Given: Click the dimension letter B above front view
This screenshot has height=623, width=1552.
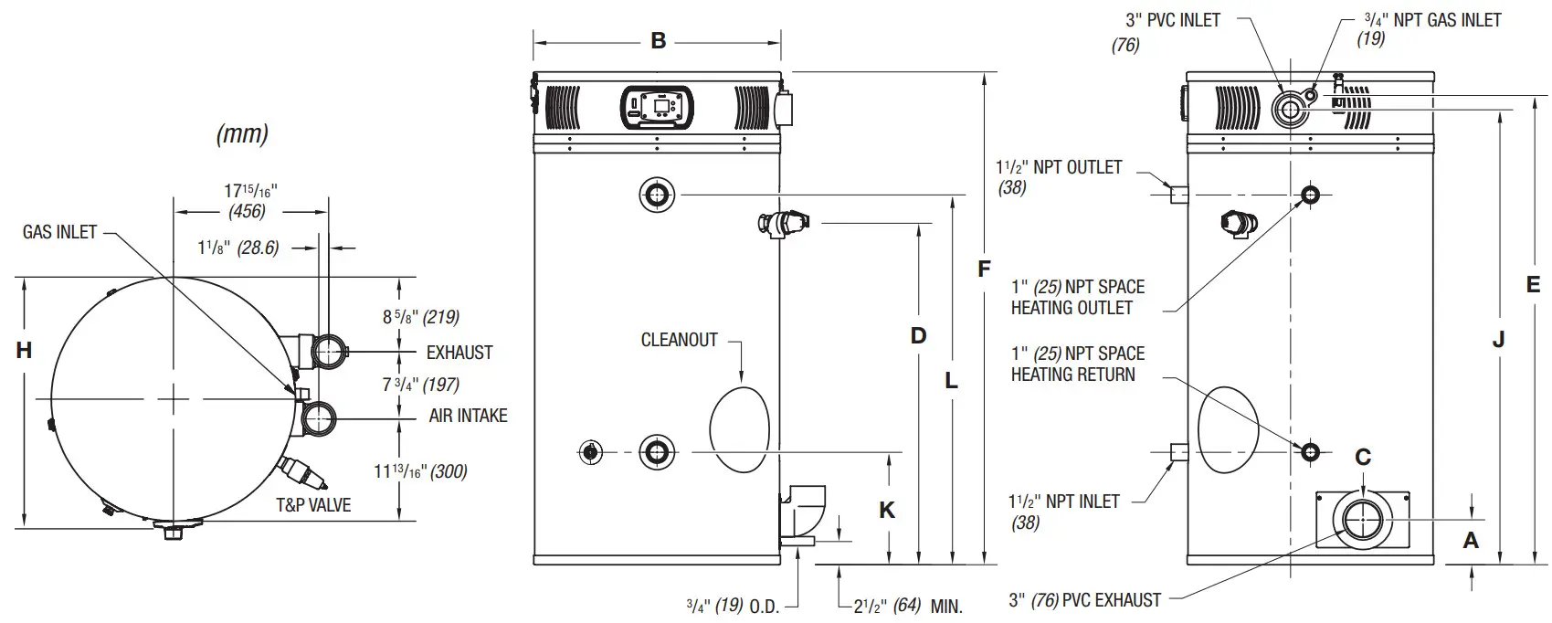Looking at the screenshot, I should (x=658, y=41).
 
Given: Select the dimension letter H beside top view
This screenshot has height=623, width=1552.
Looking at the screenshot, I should (x=24, y=350).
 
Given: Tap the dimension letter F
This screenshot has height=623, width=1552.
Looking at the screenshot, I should (x=984, y=269).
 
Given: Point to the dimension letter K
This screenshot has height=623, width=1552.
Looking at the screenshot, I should (x=887, y=510).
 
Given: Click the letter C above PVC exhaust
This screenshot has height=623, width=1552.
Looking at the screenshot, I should (x=1362, y=457).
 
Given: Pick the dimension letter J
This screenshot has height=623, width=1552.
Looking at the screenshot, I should (x=1498, y=340).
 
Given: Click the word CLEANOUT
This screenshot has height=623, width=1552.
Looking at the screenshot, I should (x=679, y=340).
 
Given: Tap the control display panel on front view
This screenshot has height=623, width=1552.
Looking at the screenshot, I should (x=657, y=106).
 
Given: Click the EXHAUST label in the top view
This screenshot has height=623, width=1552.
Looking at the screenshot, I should (x=459, y=353).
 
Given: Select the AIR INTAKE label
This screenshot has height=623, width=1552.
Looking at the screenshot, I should (x=468, y=416).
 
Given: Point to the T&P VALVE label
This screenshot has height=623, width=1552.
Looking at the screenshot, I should (x=313, y=504).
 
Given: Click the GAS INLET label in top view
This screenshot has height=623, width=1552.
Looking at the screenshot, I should (x=59, y=232).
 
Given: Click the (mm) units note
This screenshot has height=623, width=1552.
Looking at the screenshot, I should (x=242, y=134).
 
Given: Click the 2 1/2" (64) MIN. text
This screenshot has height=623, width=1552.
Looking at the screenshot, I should (x=908, y=606).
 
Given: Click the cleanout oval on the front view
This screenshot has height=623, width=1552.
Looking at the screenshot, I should (x=739, y=429).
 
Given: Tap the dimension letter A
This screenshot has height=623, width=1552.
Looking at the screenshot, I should (x=1471, y=541).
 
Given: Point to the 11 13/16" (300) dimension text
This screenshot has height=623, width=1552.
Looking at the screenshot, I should (x=420, y=471).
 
